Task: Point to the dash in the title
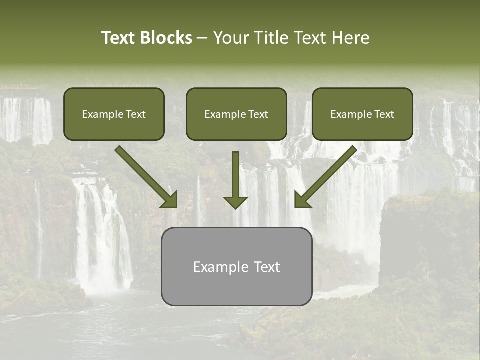(202, 38)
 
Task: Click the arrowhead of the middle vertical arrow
(235, 202)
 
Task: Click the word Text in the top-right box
(384, 114)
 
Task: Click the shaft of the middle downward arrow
(235, 172)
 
